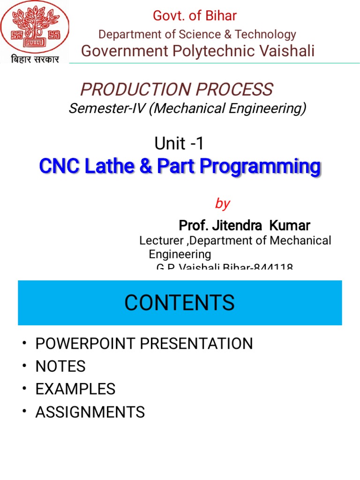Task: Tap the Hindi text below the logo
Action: coord(34,60)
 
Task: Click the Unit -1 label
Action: coord(179,143)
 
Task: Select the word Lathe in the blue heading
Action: coord(125,166)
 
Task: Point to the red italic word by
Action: coord(222,203)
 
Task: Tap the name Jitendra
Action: coord(237,226)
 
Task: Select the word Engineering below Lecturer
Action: coord(180,254)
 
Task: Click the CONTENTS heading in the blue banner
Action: coord(180,302)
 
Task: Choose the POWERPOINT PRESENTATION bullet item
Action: coord(144,344)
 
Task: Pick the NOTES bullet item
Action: coord(60,367)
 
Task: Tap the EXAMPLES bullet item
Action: coord(75,389)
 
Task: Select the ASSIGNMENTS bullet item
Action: coord(90,412)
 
